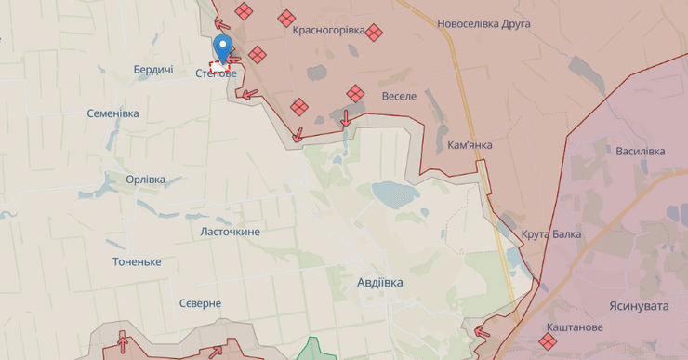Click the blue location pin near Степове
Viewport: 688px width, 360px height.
(222, 46)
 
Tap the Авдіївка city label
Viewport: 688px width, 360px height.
(380, 282)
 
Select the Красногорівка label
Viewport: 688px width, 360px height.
(328, 30)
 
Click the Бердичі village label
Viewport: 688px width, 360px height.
(153, 70)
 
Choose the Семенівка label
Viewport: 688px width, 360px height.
(112, 113)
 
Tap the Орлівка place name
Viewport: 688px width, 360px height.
(146, 179)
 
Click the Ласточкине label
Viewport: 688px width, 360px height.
(231, 232)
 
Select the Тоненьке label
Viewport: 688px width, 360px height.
(137, 262)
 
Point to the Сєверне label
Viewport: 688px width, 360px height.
(201, 303)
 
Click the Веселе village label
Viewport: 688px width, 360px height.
(400, 95)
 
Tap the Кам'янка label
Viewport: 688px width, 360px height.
(470, 145)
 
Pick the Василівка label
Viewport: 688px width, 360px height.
(641, 151)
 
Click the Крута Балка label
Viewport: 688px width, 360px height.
(551, 233)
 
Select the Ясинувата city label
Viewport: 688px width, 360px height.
(640, 306)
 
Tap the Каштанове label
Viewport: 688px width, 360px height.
(575, 327)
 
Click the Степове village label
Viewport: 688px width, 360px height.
(216, 73)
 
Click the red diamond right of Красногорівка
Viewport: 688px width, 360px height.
(374, 33)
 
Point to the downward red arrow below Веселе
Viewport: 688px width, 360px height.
(346, 118)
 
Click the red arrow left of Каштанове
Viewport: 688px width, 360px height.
(482, 330)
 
